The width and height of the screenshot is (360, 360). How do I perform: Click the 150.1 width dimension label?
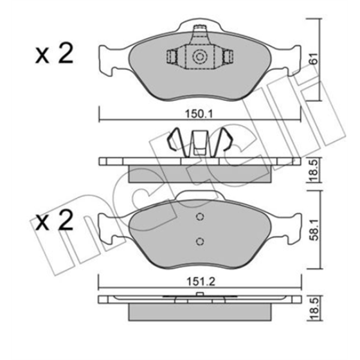click(x=199, y=114)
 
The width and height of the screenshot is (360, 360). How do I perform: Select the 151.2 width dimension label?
click(x=200, y=281)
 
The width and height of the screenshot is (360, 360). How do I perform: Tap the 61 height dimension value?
click(x=314, y=59)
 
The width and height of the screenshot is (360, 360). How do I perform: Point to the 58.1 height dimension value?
click(x=314, y=230)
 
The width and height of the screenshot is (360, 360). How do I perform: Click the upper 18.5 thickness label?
click(x=314, y=170)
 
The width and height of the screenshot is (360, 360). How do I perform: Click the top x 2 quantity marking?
click(x=54, y=54)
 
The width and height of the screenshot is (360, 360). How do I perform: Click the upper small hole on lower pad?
click(x=200, y=217)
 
